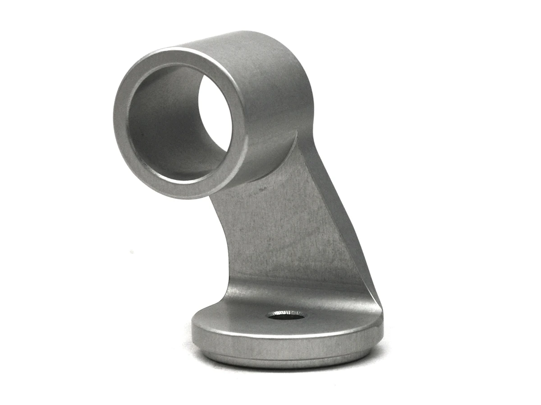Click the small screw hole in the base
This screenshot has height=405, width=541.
(x=286, y=316)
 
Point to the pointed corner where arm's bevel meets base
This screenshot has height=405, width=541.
(x=381, y=310)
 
